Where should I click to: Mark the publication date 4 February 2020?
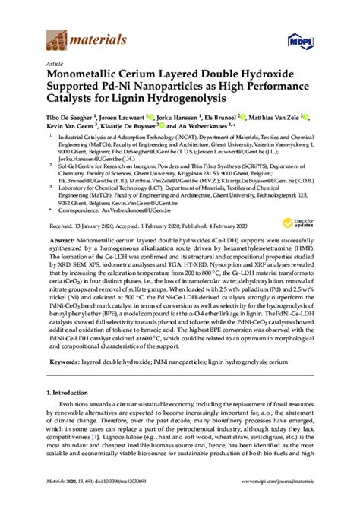[x=227, y=226]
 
